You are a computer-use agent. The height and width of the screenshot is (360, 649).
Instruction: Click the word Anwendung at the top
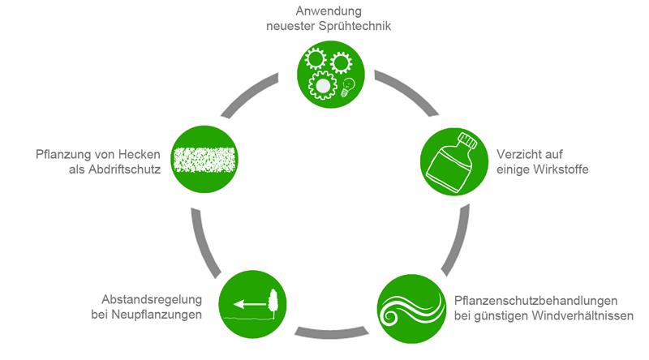pos(328,11)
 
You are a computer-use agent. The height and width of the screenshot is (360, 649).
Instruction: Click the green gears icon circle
pos(329,74)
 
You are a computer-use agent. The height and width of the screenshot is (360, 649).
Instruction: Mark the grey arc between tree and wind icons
pos(331,331)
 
